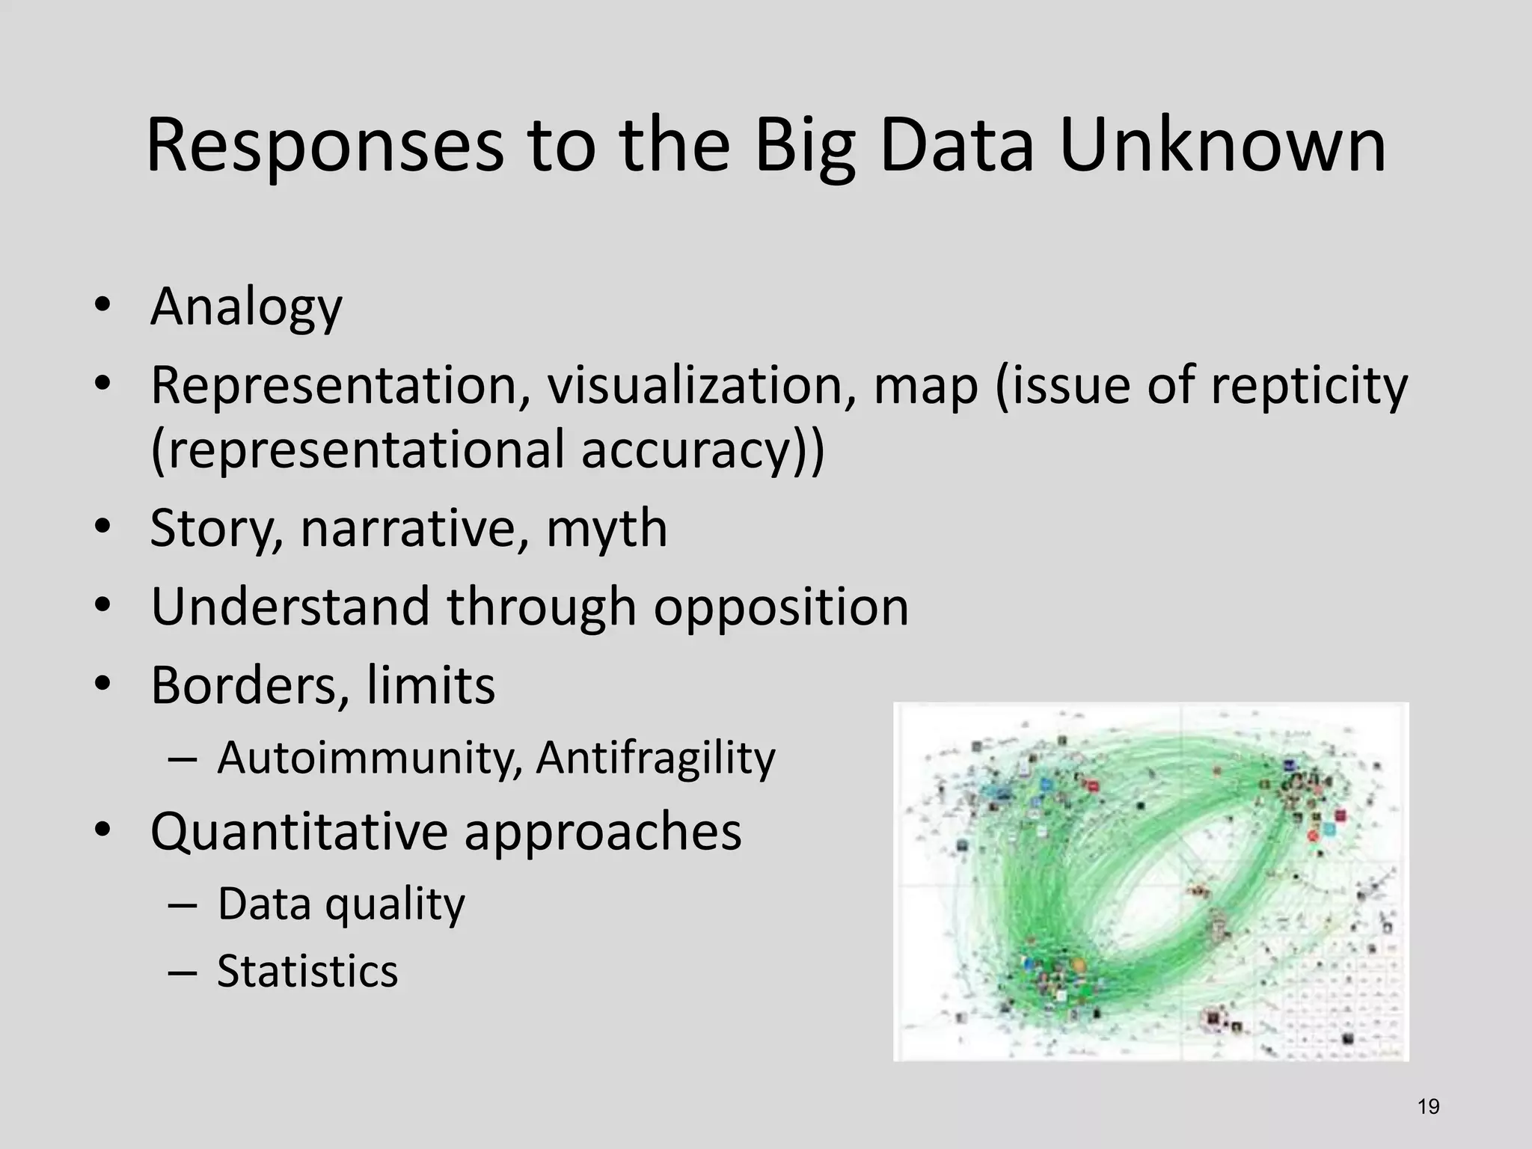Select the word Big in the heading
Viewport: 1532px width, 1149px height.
click(804, 146)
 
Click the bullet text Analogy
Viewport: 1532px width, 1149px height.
click(246, 307)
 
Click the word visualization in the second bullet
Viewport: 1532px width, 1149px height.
click(701, 386)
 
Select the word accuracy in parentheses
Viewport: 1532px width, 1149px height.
click(696, 450)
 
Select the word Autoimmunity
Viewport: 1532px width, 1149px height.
click(370, 758)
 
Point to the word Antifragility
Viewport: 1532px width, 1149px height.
click(655, 758)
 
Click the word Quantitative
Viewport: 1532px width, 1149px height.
click(298, 832)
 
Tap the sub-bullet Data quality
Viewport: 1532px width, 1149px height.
click(341, 904)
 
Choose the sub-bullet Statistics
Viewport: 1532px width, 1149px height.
click(307, 971)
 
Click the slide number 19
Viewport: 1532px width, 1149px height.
click(1428, 1106)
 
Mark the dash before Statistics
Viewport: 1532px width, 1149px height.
click(183, 972)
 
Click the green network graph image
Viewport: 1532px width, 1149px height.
click(1150, 881)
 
